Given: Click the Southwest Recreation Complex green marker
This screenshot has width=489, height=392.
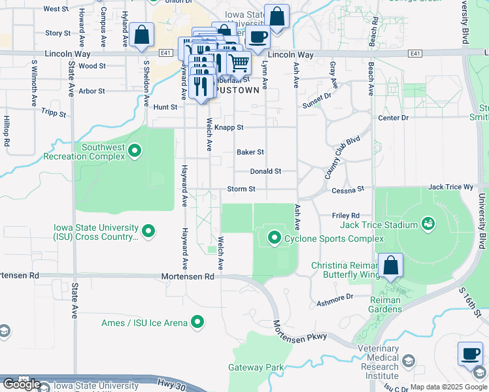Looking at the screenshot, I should (x=135, y=152).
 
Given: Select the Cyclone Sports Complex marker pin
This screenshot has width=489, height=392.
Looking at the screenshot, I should (x=274, y=238).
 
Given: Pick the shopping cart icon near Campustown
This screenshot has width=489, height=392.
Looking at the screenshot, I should (x=239, y=63).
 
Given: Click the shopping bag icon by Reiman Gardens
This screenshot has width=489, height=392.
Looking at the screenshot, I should (x=390, y=265).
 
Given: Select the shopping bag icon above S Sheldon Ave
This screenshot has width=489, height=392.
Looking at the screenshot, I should (x=141, y=35).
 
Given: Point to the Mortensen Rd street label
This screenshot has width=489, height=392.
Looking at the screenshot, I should (x=188, y=277).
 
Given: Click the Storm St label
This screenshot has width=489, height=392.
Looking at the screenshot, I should (x=241, y=189).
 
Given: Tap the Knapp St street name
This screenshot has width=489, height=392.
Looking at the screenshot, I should (x=229, y=127).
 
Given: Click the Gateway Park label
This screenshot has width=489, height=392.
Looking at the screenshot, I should (x=256, y=368).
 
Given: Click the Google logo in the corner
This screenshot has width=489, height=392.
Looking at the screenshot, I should (x=22, y=384).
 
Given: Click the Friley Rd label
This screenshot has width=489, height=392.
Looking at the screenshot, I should (x=346, y=215).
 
